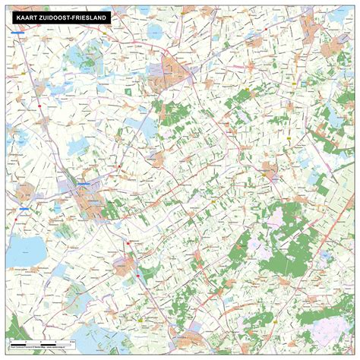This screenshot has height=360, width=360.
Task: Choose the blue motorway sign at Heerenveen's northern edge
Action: [83, 183]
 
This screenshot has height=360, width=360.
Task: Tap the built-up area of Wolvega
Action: [125, 266]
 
